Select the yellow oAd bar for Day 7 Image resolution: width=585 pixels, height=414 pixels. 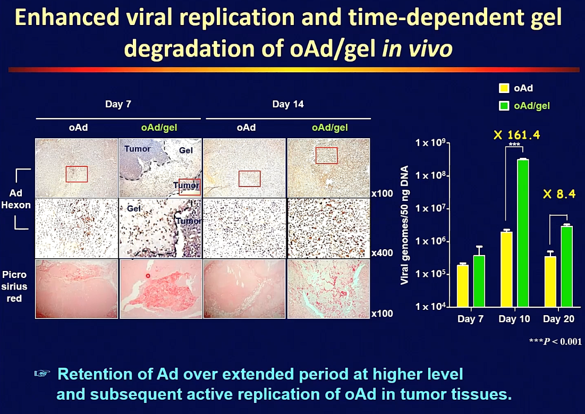pos(463,286)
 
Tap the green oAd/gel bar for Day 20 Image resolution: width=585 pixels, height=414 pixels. pos(567,267)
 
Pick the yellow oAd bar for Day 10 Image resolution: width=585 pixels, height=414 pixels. pos(507,269)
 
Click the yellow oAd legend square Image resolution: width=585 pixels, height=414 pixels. pos(504,88)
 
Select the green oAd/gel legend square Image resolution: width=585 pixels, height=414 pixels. pos(504,106)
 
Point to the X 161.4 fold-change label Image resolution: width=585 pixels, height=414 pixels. pos(517,135)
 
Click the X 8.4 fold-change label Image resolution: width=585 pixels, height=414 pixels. pos(559,194)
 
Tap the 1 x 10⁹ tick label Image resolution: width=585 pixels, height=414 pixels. pos(430,142)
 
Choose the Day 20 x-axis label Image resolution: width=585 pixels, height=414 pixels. pos(558,319)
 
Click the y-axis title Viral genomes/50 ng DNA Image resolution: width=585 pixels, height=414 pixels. pos(404,225)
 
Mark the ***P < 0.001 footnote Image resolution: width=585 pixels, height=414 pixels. pos(555,341)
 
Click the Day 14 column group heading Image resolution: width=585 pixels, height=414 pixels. pos(287,104)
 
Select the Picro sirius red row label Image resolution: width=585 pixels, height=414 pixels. pos(14,286)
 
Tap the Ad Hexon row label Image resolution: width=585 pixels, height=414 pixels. pos(15,199)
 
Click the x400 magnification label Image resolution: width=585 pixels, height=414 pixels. pos(382,253)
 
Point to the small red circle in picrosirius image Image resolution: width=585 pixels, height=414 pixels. pos(148,276)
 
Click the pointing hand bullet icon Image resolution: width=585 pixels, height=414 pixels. pos(42,373)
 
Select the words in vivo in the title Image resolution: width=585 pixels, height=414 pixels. pos(417,48)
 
